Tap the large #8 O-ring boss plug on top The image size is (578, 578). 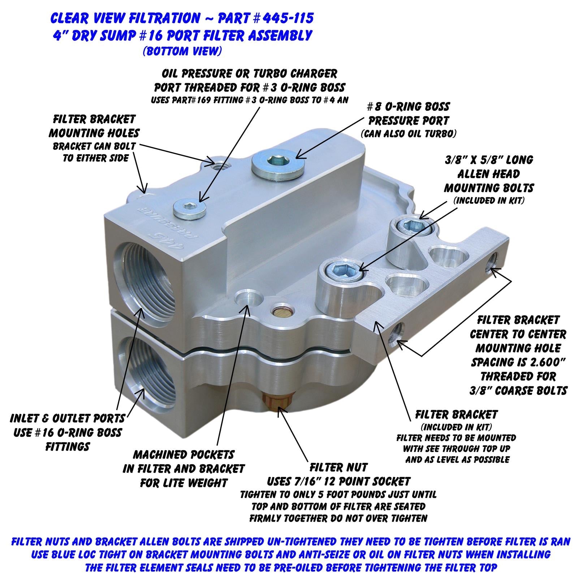[x=278, y=163]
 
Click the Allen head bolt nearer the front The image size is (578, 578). [x=342, y=269]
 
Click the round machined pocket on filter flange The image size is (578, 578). [x=249, y=298]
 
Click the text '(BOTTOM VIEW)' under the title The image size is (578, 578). [x=182, y=51]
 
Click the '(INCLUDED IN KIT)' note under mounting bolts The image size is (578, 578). [x=488, y=200]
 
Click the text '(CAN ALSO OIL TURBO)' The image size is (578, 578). [x=408, y=134]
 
